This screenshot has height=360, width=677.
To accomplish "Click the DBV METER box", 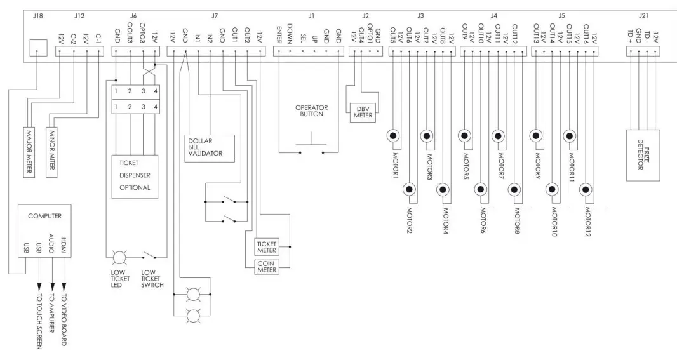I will pyautogui.click(x=361, y=112).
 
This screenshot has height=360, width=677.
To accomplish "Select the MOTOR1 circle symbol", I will pyautogui.click(x=394, y=136).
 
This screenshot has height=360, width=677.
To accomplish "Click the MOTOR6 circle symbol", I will pyautogui.click(x=481, y=189).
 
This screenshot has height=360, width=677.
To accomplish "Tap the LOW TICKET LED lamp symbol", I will pyautogui.click(x=119, y=257).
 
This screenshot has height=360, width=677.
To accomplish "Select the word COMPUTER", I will pyautogui.click(x=44, y=216).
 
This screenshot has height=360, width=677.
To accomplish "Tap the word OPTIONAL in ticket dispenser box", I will pyautogui.click(x=135, y=188).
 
